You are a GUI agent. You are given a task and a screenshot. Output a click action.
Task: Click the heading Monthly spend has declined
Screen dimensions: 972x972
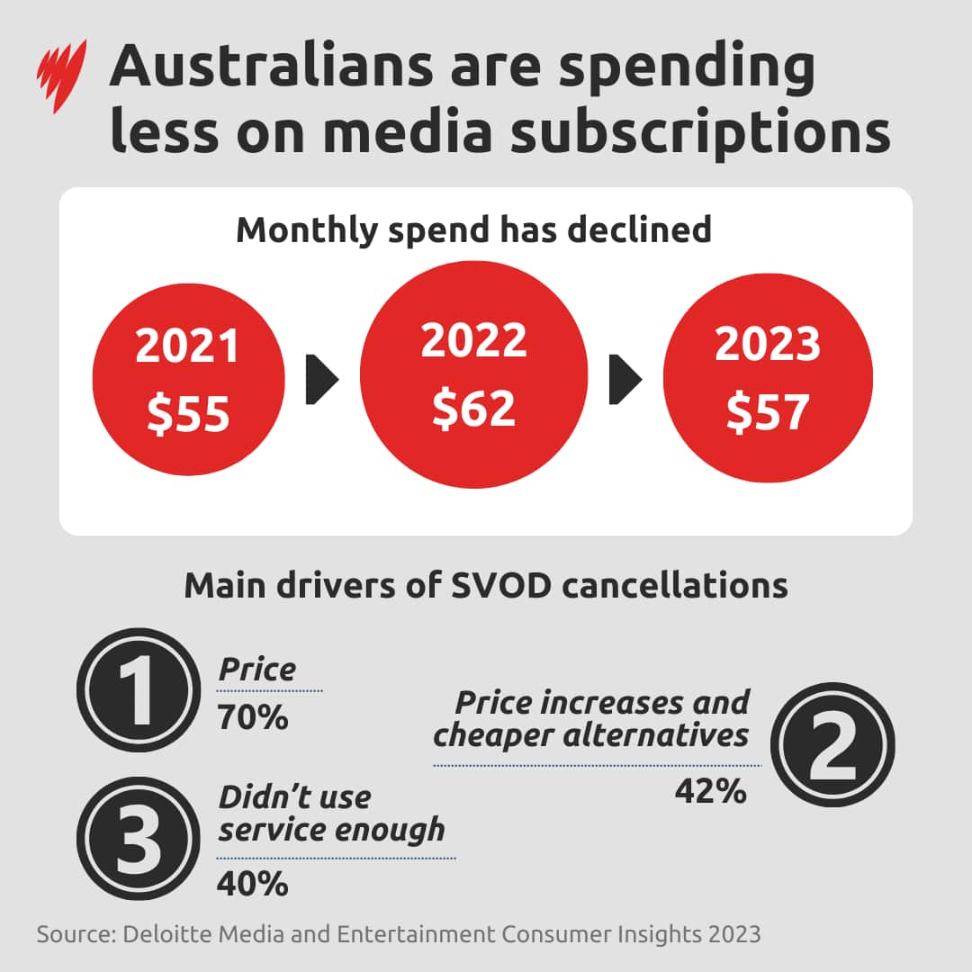click(473, 229)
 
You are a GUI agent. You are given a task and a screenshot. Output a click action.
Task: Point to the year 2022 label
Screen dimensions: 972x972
click(473, 340)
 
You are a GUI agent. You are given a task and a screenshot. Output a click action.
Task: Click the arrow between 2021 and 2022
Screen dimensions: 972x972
click(322, 379)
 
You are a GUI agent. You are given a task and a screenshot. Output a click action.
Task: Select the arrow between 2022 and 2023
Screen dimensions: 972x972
click(625, 379)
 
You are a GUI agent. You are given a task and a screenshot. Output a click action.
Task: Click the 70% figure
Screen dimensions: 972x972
click(252, 718)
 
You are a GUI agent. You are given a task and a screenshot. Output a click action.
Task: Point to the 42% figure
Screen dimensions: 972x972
click(710, 791)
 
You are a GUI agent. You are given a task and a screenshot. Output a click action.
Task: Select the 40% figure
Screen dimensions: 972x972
click(252, 884)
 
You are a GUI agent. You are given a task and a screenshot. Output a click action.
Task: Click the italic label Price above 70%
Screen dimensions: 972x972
click(257, 670)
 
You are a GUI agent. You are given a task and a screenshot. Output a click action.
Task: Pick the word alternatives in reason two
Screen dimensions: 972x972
click(655, 735)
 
